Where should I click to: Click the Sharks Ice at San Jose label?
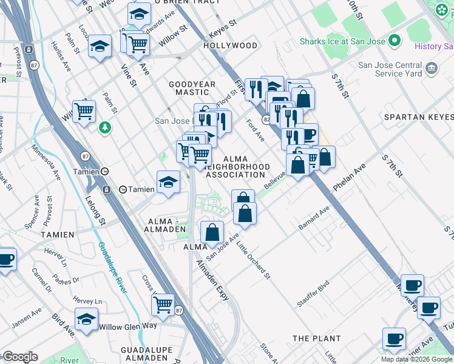343,42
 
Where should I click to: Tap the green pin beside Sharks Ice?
395,41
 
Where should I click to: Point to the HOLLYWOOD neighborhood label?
231,45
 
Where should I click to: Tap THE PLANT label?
316,338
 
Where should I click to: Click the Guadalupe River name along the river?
111,267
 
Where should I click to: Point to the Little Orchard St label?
254,260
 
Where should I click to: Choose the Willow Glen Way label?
128,326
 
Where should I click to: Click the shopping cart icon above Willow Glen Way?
163,305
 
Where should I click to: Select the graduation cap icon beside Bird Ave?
87,319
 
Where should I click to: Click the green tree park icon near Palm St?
105,127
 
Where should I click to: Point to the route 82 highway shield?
266,120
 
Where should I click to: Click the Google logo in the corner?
20,357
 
